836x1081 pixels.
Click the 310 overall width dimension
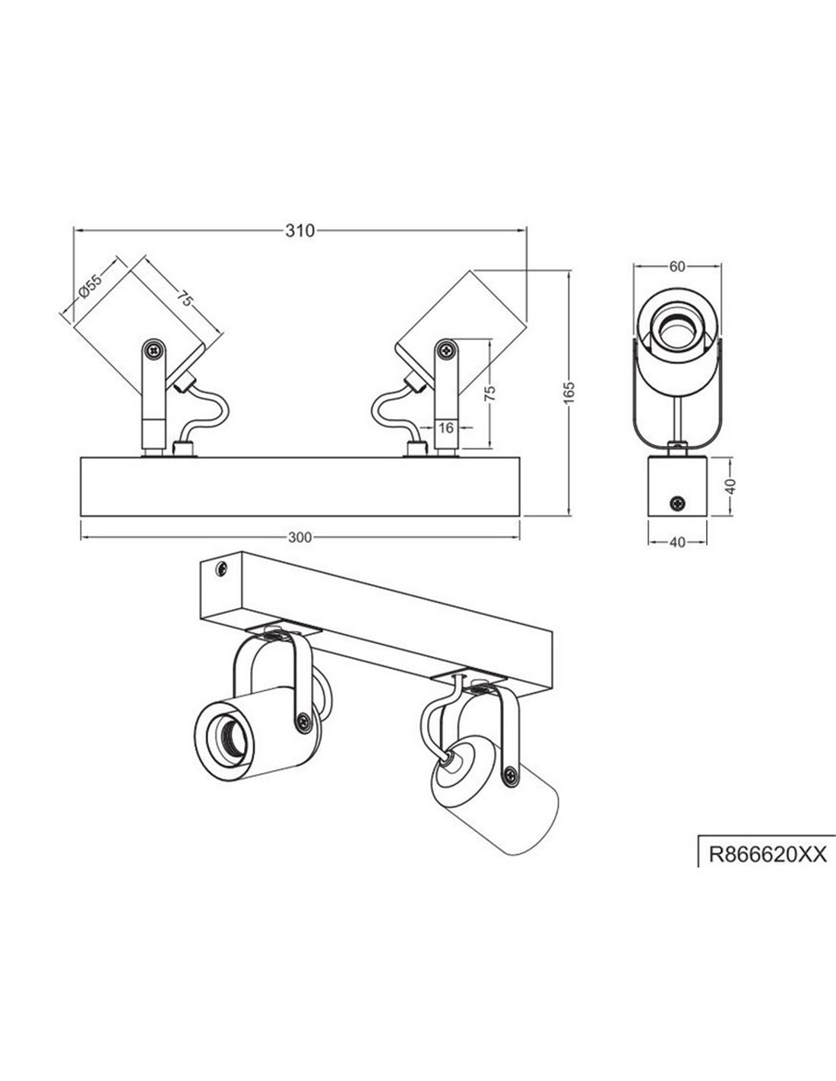(x=300, y=232)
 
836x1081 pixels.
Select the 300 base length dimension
(x=300, y=537)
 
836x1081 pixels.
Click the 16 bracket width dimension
(x=447, y=429)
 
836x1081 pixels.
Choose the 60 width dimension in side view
(x=678, y=266)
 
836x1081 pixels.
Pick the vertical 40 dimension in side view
(x=731, y=487)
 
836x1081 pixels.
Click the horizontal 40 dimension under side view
(x=678, y=542)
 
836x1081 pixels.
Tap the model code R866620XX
(x=766, y=854)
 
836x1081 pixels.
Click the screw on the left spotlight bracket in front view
(x=155, y=350)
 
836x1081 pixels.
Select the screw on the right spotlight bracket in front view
(x=445, y=350)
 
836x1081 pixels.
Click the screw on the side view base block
(x=676, y=502)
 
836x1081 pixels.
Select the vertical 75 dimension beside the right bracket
(x=490, y=392)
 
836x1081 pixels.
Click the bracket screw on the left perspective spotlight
(x=304, y=719)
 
